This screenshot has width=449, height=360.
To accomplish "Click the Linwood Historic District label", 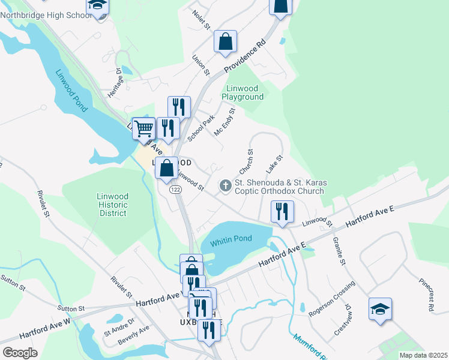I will [113, 205].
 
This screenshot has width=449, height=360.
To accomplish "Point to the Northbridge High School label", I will [46, 15].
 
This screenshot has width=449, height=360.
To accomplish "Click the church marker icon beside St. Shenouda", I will [226, 185].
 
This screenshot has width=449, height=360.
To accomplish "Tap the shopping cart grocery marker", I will [143, 128].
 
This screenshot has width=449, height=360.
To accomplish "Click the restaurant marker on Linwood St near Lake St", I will [281, 211].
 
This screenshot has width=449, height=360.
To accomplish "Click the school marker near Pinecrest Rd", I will [380, 308].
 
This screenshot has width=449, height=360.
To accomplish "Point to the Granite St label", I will [339, 251].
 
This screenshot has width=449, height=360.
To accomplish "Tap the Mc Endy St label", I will [224, 121].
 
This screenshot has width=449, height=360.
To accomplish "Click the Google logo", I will [20, 353].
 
